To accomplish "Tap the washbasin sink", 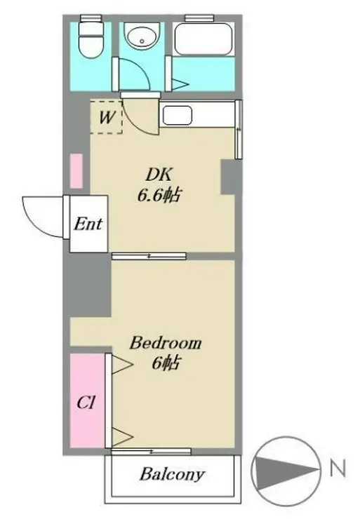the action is (142, 36).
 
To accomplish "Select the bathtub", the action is (203, 39).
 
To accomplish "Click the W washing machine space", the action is (106, 117).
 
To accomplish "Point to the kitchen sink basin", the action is (178, 115).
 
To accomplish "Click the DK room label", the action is (159, 175).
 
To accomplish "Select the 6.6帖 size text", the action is (159, 195).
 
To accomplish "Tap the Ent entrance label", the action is (88, 224).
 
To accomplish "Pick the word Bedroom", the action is (165, 343).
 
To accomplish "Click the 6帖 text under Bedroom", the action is (166, 363).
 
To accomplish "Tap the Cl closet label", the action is (86, 403).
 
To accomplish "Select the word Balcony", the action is (172, 474).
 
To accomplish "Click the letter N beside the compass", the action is (338, 469).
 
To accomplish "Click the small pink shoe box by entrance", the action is (76, 171).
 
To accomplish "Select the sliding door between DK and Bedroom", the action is (149, 256).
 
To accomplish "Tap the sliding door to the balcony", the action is (151, 451).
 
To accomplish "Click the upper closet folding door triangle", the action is (122, 365).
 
